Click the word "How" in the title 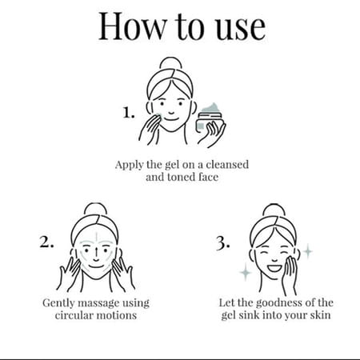click(x=132, y=26)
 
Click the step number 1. click(x=129, y=113)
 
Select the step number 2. click(x=46, y=242)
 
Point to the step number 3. click(x=222, y=243)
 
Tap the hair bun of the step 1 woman click(x=170, y=63)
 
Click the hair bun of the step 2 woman click(x=95, y=209)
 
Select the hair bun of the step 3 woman click(x=274, y=210)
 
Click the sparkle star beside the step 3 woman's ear click(x=308, y=251)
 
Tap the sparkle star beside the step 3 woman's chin click(x=246, y=272)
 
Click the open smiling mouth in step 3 click(x=274, y=268)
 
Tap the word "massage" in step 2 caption click(x=98, y=303)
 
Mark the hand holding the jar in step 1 click(x=212, y=134)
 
